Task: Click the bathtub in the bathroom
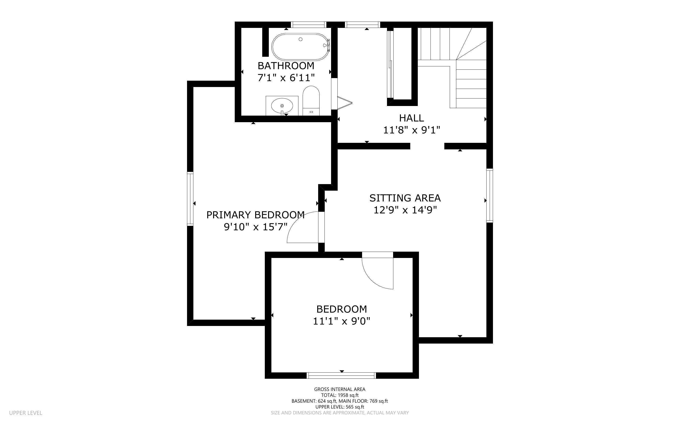(301, 47)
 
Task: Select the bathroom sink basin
(282, 106)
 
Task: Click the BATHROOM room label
(286, 66)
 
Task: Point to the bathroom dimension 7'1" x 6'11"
(286, 78)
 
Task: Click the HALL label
(411, 118)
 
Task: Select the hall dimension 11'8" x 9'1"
(411, 130)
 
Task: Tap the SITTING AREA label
(405, 198)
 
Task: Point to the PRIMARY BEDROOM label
(256, 215)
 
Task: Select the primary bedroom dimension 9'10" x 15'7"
(256, 227)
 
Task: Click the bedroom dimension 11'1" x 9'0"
(342, 321)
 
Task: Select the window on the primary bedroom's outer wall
(190, 199)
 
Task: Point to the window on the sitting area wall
(490, 195)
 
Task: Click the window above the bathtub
(309, 25)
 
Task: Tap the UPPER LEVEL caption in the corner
(26, 413)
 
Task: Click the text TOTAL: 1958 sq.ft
(340, 395)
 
